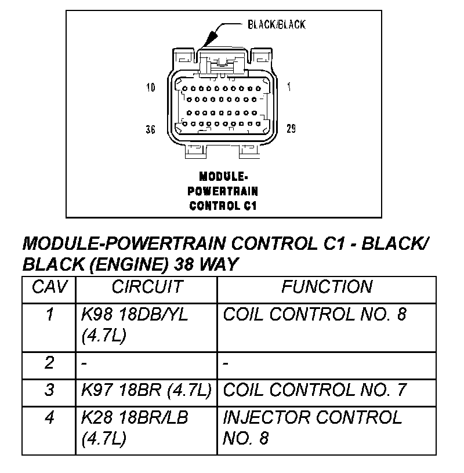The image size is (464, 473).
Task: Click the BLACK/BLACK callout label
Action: pos(276,24)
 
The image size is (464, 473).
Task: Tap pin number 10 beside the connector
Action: pos(151,88)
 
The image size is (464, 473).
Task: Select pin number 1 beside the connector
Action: pos(289,88)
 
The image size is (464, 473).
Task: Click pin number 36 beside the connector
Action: pos(150,129)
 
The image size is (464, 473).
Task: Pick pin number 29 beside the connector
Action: pos(291,128)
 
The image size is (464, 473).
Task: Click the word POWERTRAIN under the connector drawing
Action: pos(223,191)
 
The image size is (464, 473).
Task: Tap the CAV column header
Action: pos(49,287)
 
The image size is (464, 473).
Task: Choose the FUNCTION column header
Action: pos(327,287)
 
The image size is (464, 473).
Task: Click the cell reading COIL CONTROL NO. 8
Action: pos(315,315)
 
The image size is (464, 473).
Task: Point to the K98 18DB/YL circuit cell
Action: pos(135,325)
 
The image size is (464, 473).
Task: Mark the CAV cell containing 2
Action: pos(49,363)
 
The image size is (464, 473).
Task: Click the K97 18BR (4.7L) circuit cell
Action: pos(146,390)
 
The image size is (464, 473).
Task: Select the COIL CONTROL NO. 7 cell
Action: pos(315,390)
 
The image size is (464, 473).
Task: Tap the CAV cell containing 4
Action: pos(49,417)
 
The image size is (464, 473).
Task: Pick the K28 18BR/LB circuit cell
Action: pos(135,427)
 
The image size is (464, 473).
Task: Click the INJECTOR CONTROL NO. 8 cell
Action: pos(312,427)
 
